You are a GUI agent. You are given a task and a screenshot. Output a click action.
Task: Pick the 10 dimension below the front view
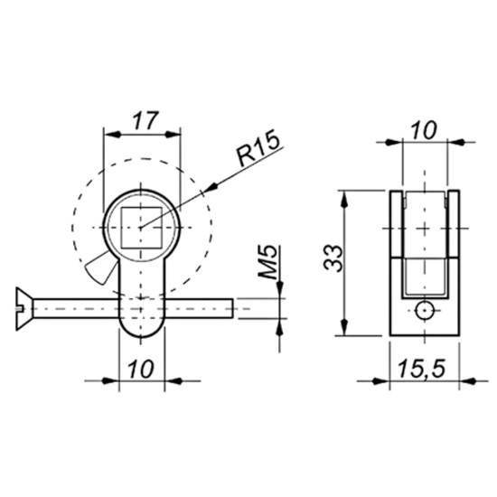coord(142,369)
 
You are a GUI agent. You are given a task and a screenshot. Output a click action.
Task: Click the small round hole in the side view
coord(422,312)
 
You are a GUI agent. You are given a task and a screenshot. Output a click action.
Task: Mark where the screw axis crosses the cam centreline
coord(142,307)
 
